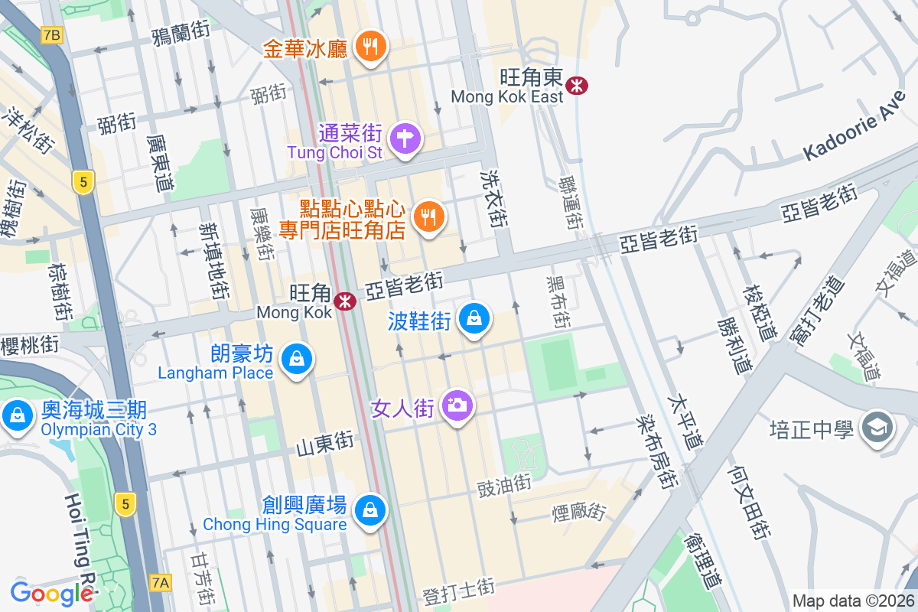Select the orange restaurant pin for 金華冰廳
coord(370,47)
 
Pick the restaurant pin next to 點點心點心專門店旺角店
coord(428,216)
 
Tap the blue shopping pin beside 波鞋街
coord(474,318)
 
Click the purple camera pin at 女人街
coord(457,405)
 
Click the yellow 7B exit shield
coord(52,35)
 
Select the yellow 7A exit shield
coord(161,583)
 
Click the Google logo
coord(52,592)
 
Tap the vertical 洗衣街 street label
coord(496,199)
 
